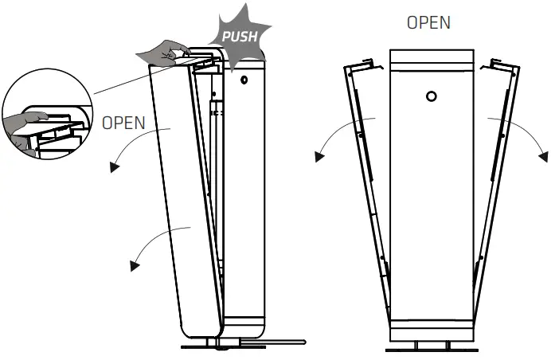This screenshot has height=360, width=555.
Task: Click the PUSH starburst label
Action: click(239, 37)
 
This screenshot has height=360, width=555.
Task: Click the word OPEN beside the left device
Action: click(123, 123)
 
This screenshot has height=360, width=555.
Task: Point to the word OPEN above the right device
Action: click(428, 23)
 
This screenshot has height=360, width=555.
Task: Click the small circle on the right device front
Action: click(431, 96)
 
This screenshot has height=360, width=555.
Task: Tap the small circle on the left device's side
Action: click(244, 80)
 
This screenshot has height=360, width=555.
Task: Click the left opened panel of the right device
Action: click(367, 191)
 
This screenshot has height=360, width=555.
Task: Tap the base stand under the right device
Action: click(431, 347)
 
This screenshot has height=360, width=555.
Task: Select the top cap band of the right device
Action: click(431, 61)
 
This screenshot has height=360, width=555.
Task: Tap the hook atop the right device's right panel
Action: click(500, 61)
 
